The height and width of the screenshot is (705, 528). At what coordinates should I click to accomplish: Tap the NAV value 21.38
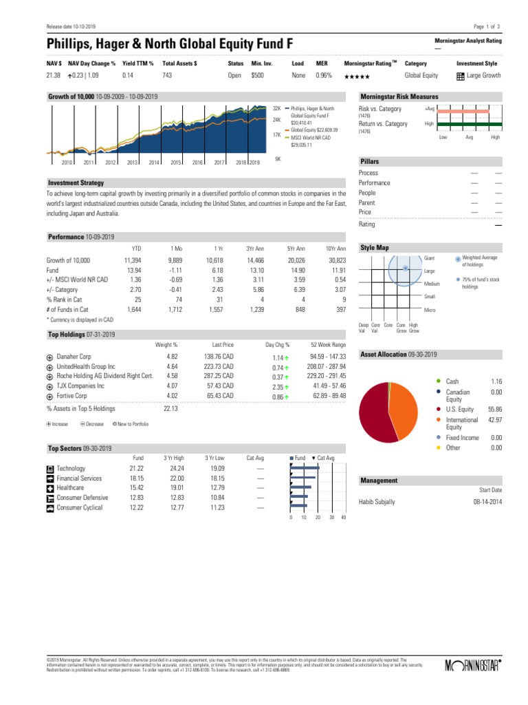coord(53,75)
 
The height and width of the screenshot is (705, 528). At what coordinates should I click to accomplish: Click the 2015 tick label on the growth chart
coord(175,162)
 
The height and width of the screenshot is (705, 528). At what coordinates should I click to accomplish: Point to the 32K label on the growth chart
coord(277,109)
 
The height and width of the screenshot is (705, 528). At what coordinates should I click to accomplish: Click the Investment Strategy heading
coord(76,182)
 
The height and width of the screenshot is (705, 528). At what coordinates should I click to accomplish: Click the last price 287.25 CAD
coord(219,377)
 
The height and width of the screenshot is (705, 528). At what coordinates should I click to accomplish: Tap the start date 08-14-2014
coord(487,502)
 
